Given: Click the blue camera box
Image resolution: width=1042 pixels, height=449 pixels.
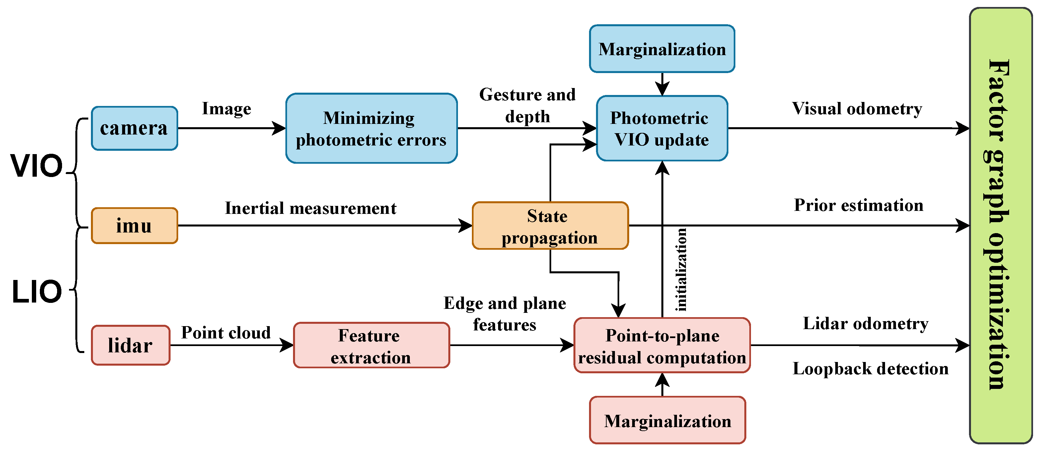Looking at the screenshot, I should tap(134, 128).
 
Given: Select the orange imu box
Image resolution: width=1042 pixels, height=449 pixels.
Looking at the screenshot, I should tap(134, 225).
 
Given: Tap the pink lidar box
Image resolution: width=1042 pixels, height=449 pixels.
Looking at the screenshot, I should tap(130, 345).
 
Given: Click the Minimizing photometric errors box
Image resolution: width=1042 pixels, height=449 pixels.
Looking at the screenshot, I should tap(371, 128).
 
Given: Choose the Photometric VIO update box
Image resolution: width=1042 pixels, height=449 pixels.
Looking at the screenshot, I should tap(662, 128).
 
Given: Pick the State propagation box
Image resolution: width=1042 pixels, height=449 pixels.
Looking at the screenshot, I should tap(550, 226).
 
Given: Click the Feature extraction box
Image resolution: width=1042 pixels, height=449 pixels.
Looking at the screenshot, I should tap(371, 345).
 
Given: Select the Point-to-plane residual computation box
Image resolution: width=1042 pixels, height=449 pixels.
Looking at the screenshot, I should tap(662, 345).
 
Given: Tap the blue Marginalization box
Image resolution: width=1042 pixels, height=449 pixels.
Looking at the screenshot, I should tap(662, 49).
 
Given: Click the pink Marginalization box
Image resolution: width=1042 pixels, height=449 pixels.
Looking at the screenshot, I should tap(667, 420).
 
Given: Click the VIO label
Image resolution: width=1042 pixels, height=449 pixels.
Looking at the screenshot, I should tap(37, 166).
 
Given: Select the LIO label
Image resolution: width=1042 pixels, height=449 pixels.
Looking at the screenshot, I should tap(37, 292).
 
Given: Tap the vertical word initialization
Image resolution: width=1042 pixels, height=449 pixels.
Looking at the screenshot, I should tap(681, 270).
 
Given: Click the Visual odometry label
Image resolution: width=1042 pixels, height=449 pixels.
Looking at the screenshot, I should tap(857, 109).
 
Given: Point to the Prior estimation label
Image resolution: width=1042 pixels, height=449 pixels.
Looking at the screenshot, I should tap(858, 205).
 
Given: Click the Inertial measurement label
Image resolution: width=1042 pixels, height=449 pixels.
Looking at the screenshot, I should tap(311, 208).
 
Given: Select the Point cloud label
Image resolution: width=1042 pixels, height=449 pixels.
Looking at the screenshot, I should tap(226, 333).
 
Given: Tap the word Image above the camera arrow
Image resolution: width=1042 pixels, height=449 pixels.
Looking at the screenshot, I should tap(227, 109).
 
